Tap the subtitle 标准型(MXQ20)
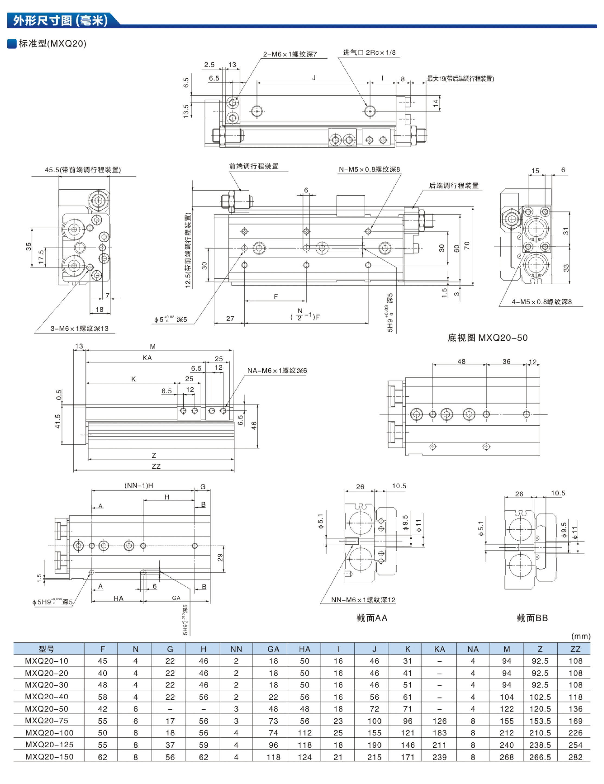coord(52,44)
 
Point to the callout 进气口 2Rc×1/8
coord(369,52)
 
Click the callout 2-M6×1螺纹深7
coord(290,54)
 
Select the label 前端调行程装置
coord(253,166)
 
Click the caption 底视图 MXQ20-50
coord(487,337)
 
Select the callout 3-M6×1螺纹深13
coord(79,329)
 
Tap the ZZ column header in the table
coord(575,649)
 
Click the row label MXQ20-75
coord(46,721)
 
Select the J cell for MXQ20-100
coord(374,733)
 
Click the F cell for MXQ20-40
coord(102,697)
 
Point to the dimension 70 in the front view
coord(466,246)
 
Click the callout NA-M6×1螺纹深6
coord(276,371)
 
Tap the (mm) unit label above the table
coord(581,636)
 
